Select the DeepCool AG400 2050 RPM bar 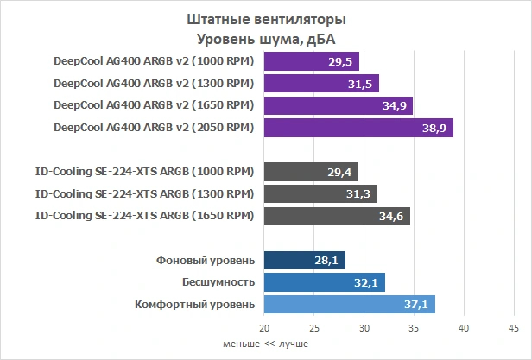(358, 128)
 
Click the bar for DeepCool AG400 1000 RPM (312, 62)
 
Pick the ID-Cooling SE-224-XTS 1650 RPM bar (337, 215)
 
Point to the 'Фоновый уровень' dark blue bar (305, 260)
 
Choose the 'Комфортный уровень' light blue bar (350, 304)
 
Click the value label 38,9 (434, 128)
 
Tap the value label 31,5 (362, 84)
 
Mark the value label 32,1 (368, 282)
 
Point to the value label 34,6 (392, 215)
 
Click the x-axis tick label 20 (264, 329)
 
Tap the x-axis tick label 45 (514, 329)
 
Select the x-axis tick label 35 (414, 329)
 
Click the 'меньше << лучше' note (266, 344)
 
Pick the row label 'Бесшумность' (218, 282)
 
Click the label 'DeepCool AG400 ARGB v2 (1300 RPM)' (153, 84)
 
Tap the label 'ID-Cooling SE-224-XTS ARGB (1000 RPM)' (144, 172)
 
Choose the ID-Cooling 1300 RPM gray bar (320, 193)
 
